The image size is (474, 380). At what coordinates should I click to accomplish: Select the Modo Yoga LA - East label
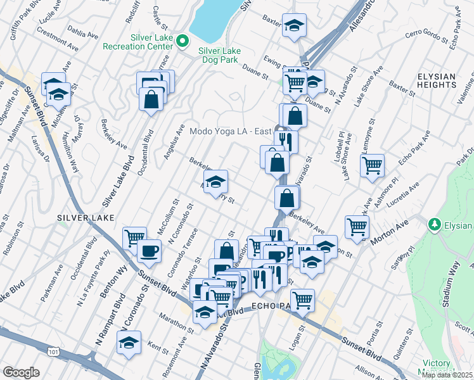(230, 131)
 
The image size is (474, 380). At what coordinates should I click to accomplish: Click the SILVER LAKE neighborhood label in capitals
(86, 217)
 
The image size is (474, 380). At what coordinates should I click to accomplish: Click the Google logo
(21, 372)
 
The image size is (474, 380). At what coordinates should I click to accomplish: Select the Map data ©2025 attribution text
(447, 375)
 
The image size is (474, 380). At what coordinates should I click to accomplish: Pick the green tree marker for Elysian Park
(434, 224)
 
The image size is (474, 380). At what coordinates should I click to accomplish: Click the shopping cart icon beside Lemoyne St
(372, 166)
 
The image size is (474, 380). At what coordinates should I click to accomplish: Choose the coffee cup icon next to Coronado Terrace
(150, 251)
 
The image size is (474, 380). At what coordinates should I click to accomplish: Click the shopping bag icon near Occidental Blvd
(151, 99)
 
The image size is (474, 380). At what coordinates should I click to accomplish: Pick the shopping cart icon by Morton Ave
(357, 226)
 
